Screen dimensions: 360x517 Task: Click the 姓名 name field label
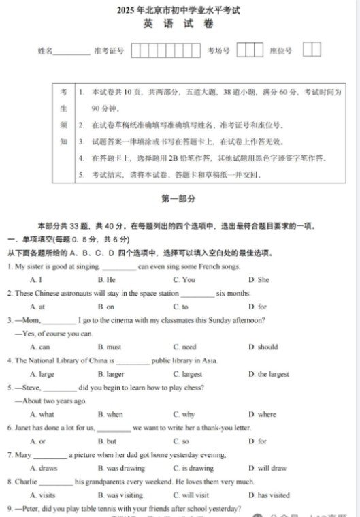pyautogui.click(x=46, y=51)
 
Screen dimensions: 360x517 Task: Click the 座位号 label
pyautogui.click(x=280, y=51)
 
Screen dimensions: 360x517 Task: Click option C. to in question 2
pyautogui.click(x=180, y=307)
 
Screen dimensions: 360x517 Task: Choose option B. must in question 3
pyautogui.click(x=110, y=347)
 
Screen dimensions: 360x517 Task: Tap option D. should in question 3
pyautogui.click(x=263, y=347)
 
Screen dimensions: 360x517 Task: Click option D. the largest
pyautogui.click(x=268, y=374)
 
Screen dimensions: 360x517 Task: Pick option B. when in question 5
pyautogui.click(x=110, y=414)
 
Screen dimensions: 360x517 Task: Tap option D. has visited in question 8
pyautogui.click(x=269, y=495)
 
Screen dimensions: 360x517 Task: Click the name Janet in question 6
pyautogui.click(x=24, y=428)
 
